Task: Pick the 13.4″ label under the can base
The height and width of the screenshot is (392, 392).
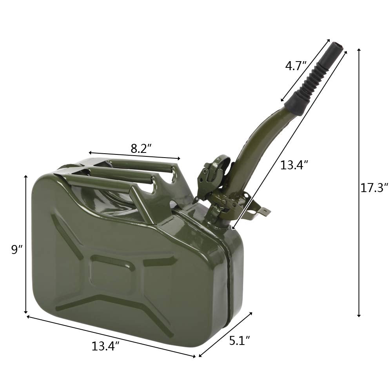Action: pos(105,346)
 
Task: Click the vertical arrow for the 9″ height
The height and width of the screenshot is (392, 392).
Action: pos(26,244)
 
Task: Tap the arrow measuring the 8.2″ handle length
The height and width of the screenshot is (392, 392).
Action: pos(134,156)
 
